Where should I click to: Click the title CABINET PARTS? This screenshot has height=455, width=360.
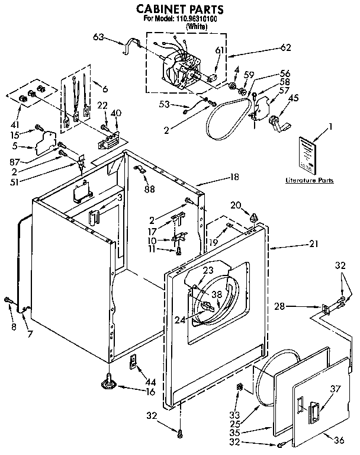click(180, 9)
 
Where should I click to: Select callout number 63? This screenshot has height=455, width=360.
click(99, 37)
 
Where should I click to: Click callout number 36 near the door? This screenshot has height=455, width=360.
click(339, 440)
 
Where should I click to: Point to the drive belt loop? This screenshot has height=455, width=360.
click(228, 121)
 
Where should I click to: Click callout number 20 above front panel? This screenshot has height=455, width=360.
click(236, 204)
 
